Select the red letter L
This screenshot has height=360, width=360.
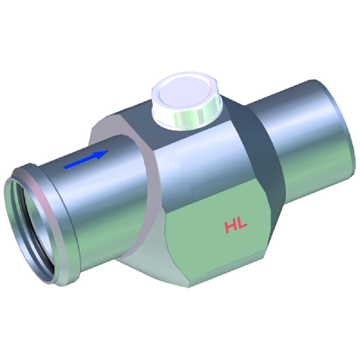pyautogui.click(x=242, y=226)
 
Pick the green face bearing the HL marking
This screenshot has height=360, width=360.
pyautogui.click(x=220, y=238)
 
